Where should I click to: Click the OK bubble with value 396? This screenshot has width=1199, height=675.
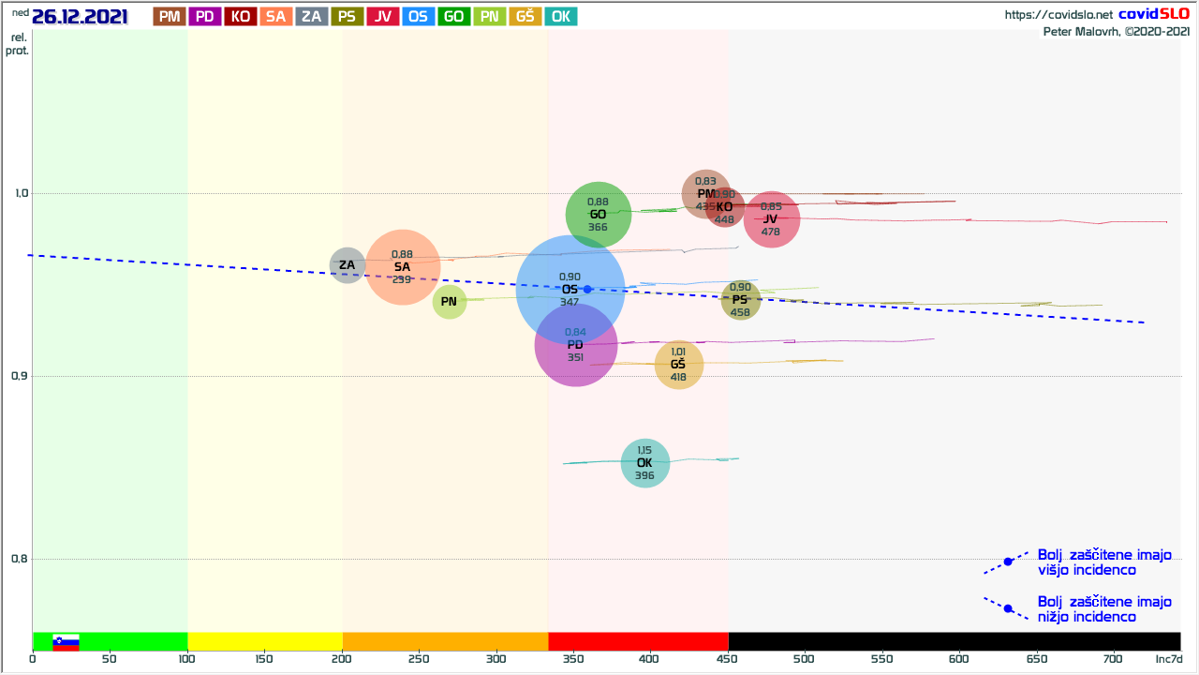[x=645, y=463]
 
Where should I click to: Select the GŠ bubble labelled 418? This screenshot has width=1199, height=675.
[x=679, y=365]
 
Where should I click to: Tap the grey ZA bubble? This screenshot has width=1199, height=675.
[x=348, y=265]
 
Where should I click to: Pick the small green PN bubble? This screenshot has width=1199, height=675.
[x=450, y=301]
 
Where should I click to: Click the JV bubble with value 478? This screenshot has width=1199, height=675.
[x=771, y=219]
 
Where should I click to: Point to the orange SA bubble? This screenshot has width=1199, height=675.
[x=403, y=267]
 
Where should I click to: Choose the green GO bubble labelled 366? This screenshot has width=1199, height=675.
[x=599, y=215]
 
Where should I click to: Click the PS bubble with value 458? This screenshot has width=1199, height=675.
[x=740, y=300]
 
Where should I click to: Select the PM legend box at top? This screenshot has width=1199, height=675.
[x=169, y=16]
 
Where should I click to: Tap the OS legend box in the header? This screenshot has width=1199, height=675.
[x=418, y=16]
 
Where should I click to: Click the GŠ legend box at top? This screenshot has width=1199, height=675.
[x=525, y=16]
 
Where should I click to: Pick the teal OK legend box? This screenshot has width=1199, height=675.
[x=561, y=16]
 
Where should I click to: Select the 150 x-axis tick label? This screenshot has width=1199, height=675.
[x=264, y=659]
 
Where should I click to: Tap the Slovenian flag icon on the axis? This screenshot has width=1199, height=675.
[x=66, y=641]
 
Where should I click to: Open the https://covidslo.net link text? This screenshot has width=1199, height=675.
[x=1058, y=15]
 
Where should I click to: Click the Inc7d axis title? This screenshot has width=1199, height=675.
[x=1169, y=659]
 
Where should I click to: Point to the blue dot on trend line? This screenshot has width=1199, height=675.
[x=587, y=289]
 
